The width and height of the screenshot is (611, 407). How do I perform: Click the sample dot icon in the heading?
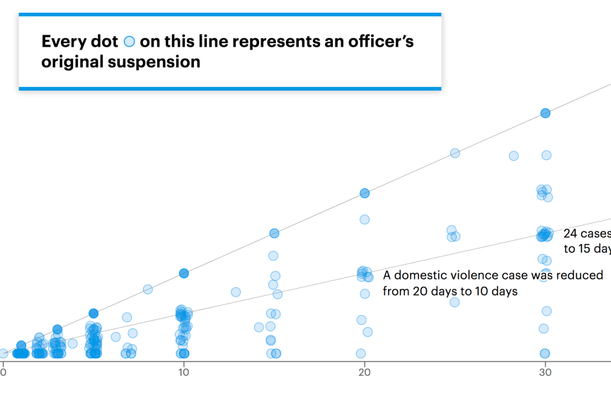click(129, 42)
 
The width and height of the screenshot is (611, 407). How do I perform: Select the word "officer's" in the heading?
click(377, 41)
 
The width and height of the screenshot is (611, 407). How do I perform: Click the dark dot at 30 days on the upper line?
click(545, 113)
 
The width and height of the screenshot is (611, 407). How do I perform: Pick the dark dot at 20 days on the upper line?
click(365, 193)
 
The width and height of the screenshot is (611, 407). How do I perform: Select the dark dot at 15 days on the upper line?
click(274, 234)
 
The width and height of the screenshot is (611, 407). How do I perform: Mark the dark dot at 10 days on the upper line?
click(183, 273)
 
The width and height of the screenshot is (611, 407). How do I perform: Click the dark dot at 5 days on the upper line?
click(93, 314)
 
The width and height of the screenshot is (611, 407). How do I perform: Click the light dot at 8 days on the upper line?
click(147, 289)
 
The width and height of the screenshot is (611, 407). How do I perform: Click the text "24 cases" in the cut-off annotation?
click(586, 233)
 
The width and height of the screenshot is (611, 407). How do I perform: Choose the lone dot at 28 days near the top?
click(513, 156)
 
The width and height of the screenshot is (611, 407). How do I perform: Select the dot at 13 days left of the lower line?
click(236, 292)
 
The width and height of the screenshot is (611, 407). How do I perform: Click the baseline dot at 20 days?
click(361, 353)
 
